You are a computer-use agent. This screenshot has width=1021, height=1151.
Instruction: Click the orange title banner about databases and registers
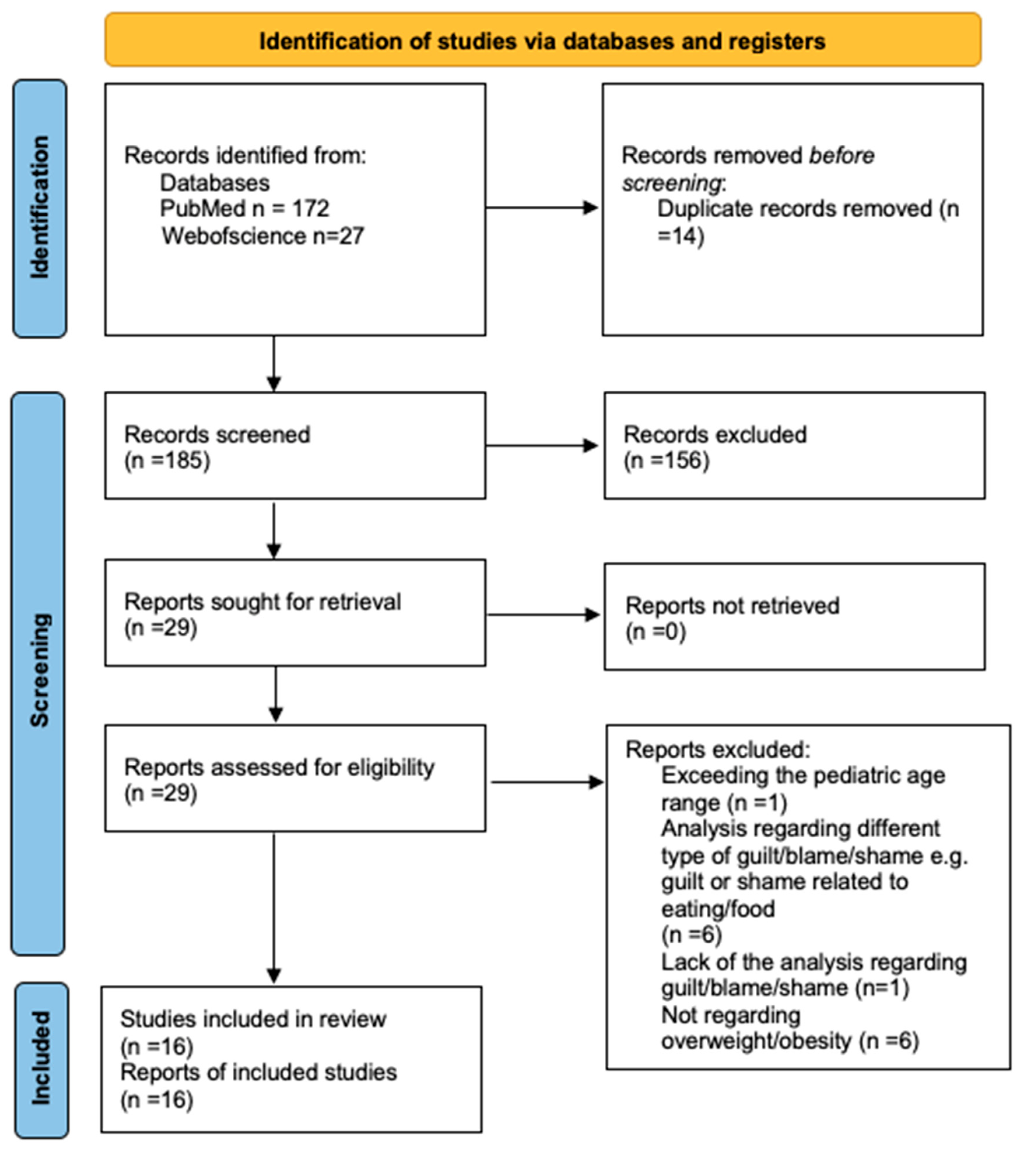(542, 41)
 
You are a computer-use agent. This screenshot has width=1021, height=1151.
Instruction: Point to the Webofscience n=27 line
(263, 236)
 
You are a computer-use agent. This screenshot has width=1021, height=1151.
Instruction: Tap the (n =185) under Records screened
(167, 461)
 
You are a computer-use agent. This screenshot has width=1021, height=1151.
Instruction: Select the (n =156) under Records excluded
(666, 461)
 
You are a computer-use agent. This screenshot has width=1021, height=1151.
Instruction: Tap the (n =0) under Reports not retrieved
(655, 632)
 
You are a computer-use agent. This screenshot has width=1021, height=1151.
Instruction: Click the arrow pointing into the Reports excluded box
(547, 782)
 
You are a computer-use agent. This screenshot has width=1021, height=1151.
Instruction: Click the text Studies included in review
(253, 1019)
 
